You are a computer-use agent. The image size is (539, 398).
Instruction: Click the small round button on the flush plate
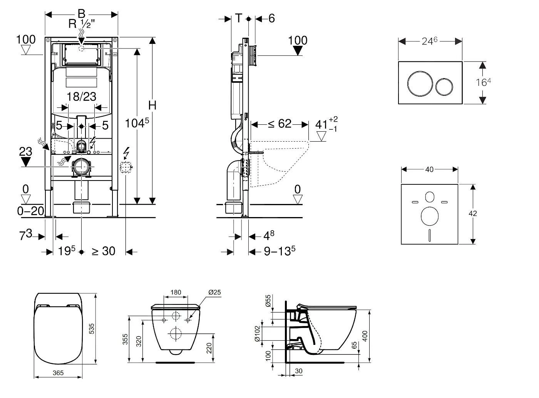pyautogui.click(x=445, y=87)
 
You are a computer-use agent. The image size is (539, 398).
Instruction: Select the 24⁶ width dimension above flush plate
pyautogui.click(x=429, y=41)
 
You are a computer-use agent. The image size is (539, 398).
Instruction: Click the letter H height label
pyautogui.click(x=152, y=105)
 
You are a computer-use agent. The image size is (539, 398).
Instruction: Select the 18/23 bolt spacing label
pyautogui.click(x=81, y=96)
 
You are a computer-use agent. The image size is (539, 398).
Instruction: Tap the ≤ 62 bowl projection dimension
pyautogui.click(x=280, y=124)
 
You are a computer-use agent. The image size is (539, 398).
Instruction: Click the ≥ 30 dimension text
pyautogui.click(x=103, y=251)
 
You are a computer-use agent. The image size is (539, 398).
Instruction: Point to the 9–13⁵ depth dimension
pyautogui.click(x=280, y=251)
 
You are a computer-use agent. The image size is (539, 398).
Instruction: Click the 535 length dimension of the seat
pyautogui.click(x=92, y=328)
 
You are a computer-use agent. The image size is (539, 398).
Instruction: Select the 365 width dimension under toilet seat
pyautogui.click(x=58, y=373)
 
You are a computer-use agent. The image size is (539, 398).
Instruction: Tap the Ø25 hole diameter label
pyautogui.click(x=214, y=293)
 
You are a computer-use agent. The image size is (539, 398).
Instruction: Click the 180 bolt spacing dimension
pyautogui.click(x=176, y=293)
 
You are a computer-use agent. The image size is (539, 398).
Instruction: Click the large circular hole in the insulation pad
pyautogui.click(x=429, y=216)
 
